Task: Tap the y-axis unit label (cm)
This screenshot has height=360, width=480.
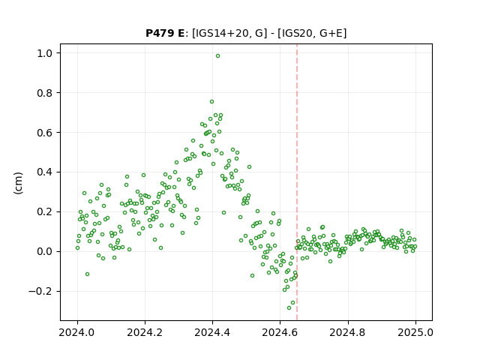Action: coord(18,183)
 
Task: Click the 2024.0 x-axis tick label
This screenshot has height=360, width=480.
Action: coord(77,332)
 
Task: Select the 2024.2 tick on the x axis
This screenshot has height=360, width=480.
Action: coord(145,332)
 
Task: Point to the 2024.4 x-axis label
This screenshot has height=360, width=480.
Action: coord(212,332)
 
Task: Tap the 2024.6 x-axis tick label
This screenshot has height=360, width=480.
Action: coord(280,332)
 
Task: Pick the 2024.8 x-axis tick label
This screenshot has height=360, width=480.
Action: coord(348,332)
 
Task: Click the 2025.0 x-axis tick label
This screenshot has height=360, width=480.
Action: coord(415,332)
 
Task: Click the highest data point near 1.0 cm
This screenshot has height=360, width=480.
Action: coord(217,56)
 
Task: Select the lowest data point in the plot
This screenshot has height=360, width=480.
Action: coord(289,307)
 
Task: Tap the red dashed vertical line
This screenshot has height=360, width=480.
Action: coord(297,182)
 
